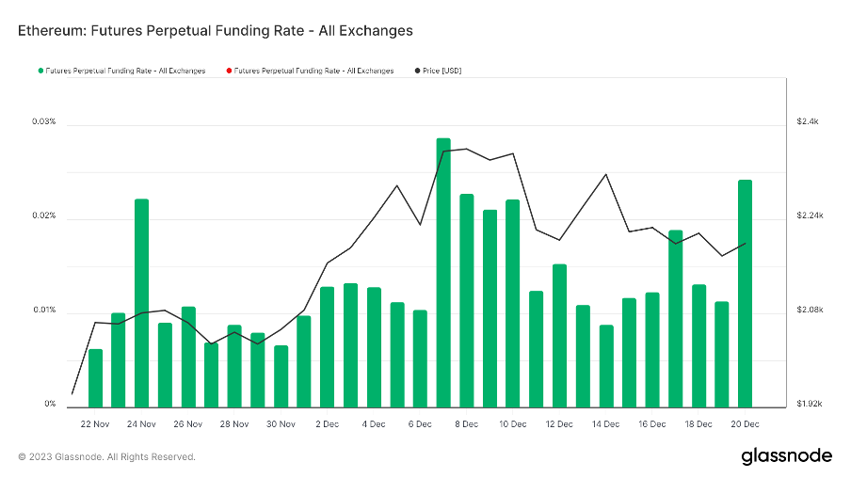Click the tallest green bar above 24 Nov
(141, 302)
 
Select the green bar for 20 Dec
(745, 293)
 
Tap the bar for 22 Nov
(95, 377)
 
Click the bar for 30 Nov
(281, 375)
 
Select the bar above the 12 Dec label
(559, 335)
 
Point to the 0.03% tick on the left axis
(43, 122)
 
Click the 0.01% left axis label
(43, 311)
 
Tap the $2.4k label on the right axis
(809, 122)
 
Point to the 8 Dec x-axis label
(466, 424)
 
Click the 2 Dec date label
(327, 424)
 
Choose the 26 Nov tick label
(187, 424)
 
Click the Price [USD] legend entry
(442, 71)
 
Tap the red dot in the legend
(228, 71)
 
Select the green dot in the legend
(40, 71)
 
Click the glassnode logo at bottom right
(786, 456)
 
